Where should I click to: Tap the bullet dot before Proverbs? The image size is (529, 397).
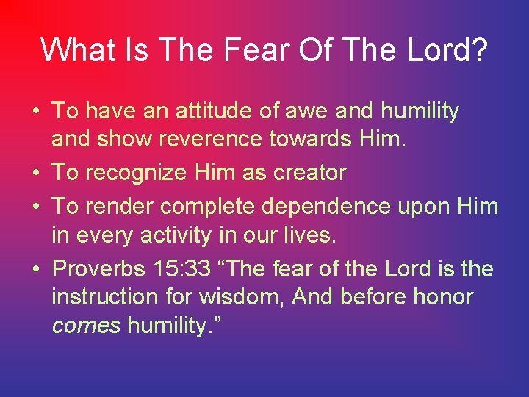pos(35,269)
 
